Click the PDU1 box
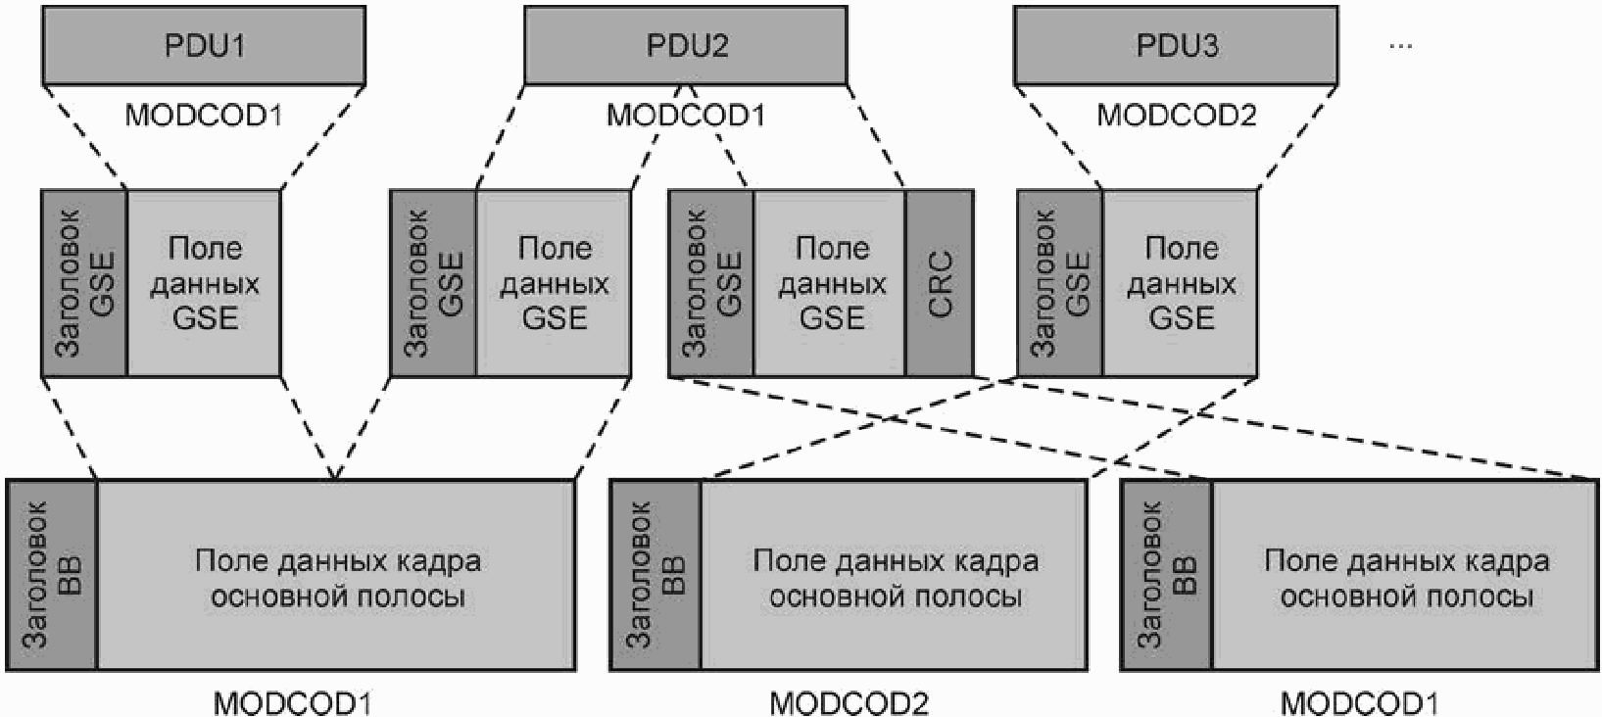tap(204, 46)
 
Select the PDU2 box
tap(686, 46)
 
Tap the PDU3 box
tap(1176, 46)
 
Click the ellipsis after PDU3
tap(1400, 46)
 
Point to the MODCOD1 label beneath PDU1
tap(204, 115)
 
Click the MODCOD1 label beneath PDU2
tap(686, 115)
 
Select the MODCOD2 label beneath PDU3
tap(1177, 115)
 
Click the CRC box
tap(940, 283)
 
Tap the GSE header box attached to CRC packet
tap(711, 283)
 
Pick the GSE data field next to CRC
tap(830, 283)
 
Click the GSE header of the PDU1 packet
tap(84, 283)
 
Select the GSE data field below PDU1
tap(204, 283)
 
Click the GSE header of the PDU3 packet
tap(1060, 283)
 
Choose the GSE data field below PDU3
tap(1180, 283)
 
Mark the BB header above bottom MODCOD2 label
tap(655, 575)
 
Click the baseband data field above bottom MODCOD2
tap(894, 575)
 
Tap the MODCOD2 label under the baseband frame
tap(849, 703)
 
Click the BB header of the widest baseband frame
tap(52, 575)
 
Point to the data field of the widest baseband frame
tap(336, 575)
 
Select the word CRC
tap(940, 283)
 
